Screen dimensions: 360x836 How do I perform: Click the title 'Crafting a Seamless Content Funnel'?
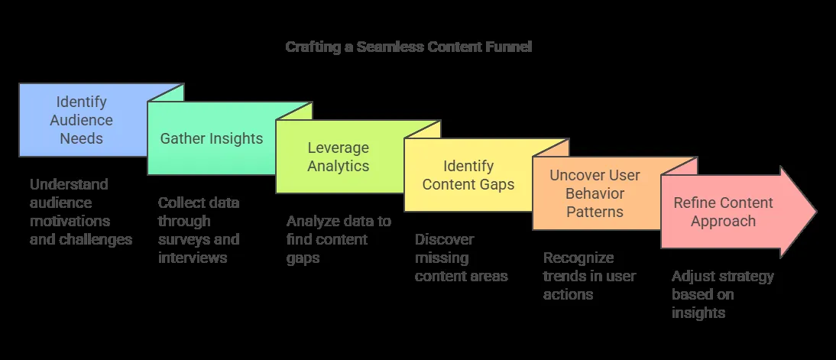pyautogui.click(x=408, y=47)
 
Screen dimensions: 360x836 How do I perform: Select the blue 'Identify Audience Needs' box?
pyautogui.click(x=81, y=120)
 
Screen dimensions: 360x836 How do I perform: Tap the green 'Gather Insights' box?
pyautogui.click(x=211, y=138)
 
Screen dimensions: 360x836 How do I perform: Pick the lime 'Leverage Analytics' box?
pyautogui.click(x=339, y=157)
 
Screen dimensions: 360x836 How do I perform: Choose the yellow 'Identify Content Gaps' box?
pyautogui.click(x=468, y=175)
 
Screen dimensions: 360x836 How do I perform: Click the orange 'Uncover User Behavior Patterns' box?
pyautogui.click(x=595, y=193)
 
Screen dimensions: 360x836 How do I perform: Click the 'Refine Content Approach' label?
pyautogui.click(x=723, y=212)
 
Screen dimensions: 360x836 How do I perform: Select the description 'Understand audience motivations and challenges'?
pyautogui.click(x=80, y=212)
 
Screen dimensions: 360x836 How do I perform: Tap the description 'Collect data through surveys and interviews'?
pyautogui.click(x=199, y=230)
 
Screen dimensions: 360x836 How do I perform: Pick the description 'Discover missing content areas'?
pyautogui.click(x=461, y=258)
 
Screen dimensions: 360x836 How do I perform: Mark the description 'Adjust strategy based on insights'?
pyautogui.click(x=723, y=294)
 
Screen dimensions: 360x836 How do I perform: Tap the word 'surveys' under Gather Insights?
pyautogui.click(x=184, y=239)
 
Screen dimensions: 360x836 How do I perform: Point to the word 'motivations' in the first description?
pyautogui.click(x=70, y=221)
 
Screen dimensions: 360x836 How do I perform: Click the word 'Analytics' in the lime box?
pyautogui.click(x=339, y=166)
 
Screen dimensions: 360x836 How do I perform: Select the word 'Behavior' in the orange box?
pyautogui.click(x=595, y=193)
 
